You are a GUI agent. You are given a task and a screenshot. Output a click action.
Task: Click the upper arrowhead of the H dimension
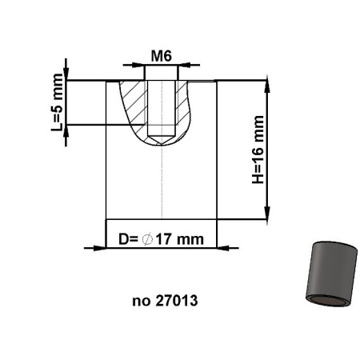tap(265, 84)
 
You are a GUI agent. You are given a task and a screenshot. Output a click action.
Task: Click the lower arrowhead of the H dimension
tap(265, 214)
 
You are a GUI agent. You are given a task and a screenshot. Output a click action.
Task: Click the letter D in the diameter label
tap(122, 238)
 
